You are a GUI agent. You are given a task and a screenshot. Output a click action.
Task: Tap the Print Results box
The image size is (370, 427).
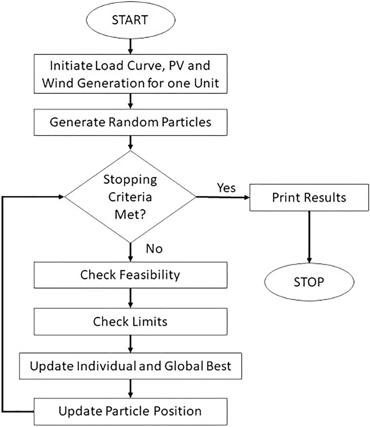(x=308, y=197)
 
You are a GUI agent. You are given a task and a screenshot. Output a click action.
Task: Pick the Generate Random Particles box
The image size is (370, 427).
(x=130, y=123)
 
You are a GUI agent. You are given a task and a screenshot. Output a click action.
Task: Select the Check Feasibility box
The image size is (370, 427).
(x=130, y=275)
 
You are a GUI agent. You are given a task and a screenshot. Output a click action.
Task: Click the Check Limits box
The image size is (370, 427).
(x=130, y=321)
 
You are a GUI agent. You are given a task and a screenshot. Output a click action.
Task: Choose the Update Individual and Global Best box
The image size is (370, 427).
(x=130, y=366)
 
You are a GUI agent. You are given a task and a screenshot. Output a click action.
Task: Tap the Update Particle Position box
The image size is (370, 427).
(x=130, y=411)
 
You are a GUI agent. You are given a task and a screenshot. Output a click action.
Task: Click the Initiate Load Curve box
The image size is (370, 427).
(x=130, y=74)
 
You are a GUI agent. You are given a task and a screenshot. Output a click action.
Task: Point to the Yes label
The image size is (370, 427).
(x=226, y=188)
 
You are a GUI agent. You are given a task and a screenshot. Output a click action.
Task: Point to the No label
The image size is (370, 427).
(x=154, y=249)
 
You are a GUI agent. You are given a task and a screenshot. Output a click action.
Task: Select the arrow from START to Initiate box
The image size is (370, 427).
(x=130, y=45)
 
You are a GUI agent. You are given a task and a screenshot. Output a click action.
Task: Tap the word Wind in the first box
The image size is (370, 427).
(x=57, y=82)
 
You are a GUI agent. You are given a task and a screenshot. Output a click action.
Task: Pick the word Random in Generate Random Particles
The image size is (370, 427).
(x=130, y=123)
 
